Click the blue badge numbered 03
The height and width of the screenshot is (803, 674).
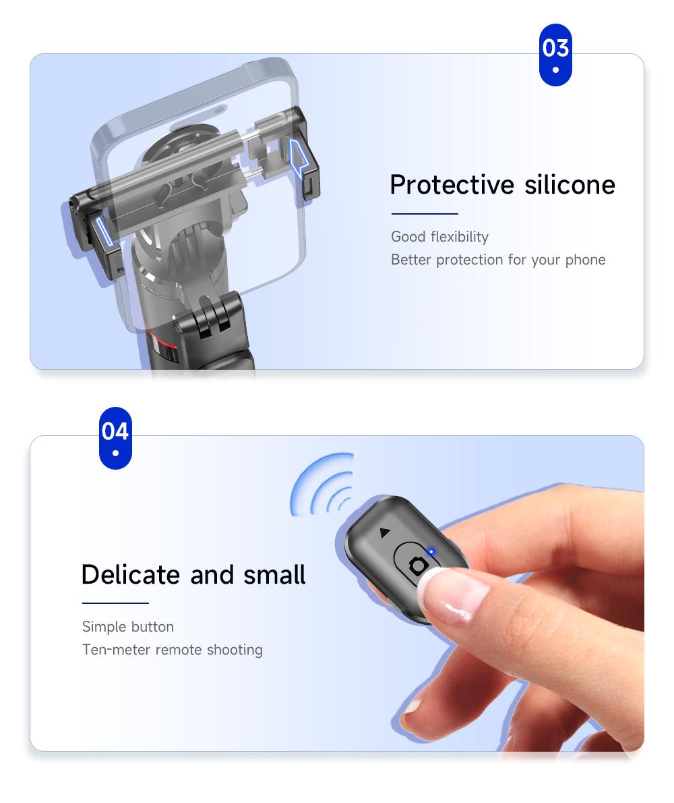tap(555, 55)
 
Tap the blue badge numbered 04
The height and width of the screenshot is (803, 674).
tap(115, 438)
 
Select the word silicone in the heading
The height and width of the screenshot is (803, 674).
tap(570, 185)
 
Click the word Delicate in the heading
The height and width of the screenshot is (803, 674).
tap(130, 575)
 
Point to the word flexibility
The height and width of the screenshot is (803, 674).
tap(460, 237)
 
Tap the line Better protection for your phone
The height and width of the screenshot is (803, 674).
tap(498, 260)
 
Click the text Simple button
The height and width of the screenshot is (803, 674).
tap(128, 627)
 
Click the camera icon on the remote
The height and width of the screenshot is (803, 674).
tap(419, 566)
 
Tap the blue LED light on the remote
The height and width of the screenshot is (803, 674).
tap(431, 551)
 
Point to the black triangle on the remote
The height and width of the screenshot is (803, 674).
tap(385, 532)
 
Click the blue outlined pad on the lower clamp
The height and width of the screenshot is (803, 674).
tap(104, 230)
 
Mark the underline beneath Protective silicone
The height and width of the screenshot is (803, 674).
tap(425, 213)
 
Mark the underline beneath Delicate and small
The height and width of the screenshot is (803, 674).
tap(115, 603)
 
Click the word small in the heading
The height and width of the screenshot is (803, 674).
tap(274, 575)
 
